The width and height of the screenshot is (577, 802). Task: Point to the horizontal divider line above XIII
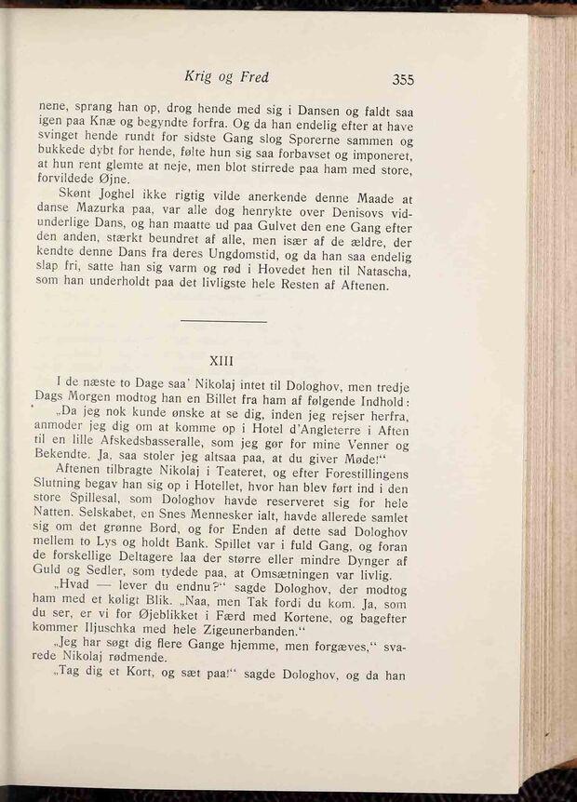[223, 322]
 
